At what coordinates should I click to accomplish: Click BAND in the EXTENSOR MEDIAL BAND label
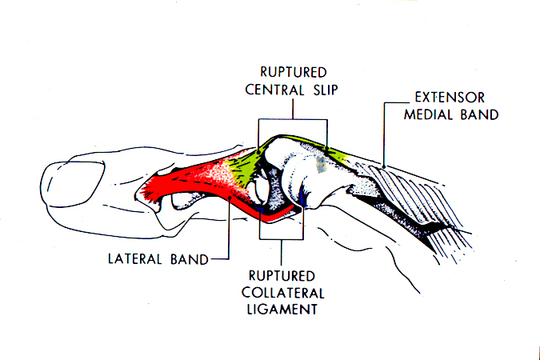coord(483,115)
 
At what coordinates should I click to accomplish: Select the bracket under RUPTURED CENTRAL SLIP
coord(292,120)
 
